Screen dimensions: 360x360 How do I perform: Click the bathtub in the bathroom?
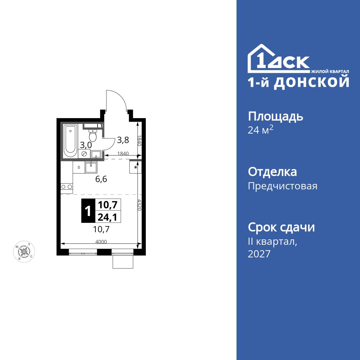tap(70, 141)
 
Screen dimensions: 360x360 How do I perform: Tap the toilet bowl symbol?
tap(93, 136)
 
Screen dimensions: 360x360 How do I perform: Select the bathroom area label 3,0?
tap(86, 145)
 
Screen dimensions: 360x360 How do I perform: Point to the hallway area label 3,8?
tap(123, 140)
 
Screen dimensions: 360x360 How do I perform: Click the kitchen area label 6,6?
tap(101, 179)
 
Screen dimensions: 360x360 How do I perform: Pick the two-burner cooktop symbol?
tap(67, 186)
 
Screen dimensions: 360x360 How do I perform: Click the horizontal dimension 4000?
tap(101, 242)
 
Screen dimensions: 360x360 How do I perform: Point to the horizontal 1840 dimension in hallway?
tap(122, 153)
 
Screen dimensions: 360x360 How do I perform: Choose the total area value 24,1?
tap(108, 216)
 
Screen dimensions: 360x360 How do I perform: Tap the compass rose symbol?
tap(24, 251)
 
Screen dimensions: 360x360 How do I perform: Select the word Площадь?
tap(275, 116)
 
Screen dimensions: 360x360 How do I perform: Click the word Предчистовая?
tap(283, 186)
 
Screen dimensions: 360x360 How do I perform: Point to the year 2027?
tap(259, 254)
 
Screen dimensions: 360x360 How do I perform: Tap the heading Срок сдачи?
tap(282, 228)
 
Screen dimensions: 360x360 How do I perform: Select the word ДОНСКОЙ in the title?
tap(311, 82)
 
